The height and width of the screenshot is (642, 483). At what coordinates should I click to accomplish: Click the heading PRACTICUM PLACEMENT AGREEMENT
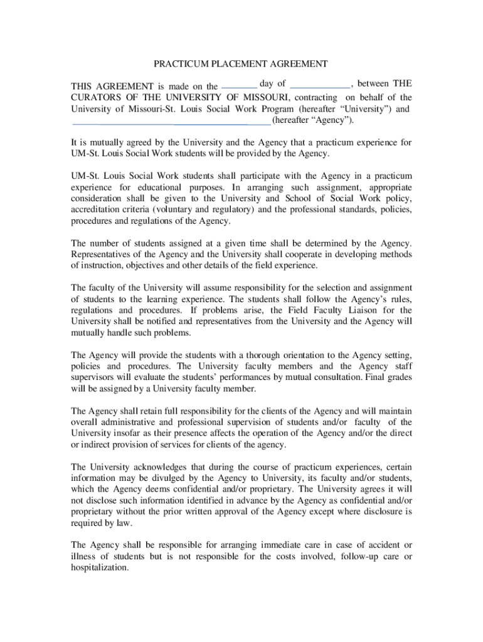pyautogui.click(x=241, y=64)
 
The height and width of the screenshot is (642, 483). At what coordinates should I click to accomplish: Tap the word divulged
pyautogui.click(x=166, y=478)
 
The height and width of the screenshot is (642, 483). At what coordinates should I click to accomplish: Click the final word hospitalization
pyautogui.click(x=100, y=568)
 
